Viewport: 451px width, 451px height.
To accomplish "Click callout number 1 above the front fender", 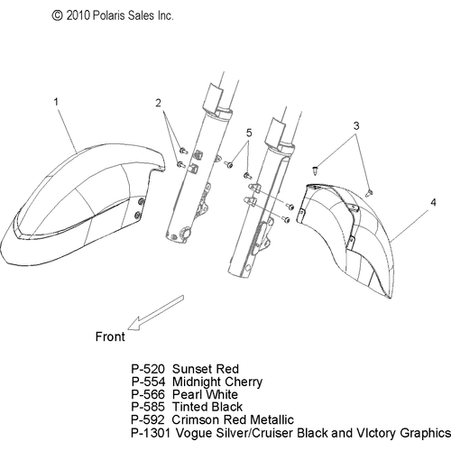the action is pyautogui.click(x=56, y=102).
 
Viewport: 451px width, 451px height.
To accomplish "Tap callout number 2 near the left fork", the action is pyautogui.click(x=158, y=103).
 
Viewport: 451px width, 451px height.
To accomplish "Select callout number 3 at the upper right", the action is pyautogui.click(x=356, y=125).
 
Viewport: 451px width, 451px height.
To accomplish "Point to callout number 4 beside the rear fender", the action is pyautogui.click(x=433, y=202).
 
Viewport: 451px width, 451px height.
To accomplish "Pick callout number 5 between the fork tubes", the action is pyautogui.click(x=249, y=133).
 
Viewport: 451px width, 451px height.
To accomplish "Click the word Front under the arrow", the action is pyautogui.click(x=110, y=336).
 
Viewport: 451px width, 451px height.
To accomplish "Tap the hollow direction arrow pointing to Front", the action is pyautogui.click(x=155, y=313).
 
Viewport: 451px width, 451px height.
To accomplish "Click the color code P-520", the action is pyautogui.click(x=148, y=369).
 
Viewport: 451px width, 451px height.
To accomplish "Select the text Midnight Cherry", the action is pyautogui.click(x=217, y=382).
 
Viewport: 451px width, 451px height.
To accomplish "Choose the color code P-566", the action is pyautogui.click(x=148, y=394).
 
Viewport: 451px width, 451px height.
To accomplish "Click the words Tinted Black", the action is pyautogui.click(x=207, y=407).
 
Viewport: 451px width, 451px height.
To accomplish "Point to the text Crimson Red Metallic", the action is pyautogui.click(x=233, y=419).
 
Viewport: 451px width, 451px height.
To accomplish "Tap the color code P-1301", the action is pyautogui.click(x=151, y=433).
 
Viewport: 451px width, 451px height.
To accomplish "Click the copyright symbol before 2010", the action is pyautogui.click(x=57, y=15).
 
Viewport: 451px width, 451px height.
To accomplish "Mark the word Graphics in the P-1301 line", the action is pyautogui.click(x=425, y=433).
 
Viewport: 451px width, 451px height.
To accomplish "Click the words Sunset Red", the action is pyautogui.click(x=206, y=369).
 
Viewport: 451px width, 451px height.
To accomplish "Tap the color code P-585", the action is pyautogui.click(x=148, y=407).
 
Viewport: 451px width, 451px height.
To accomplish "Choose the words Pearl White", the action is pyautogui.click(x=206, y=394).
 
